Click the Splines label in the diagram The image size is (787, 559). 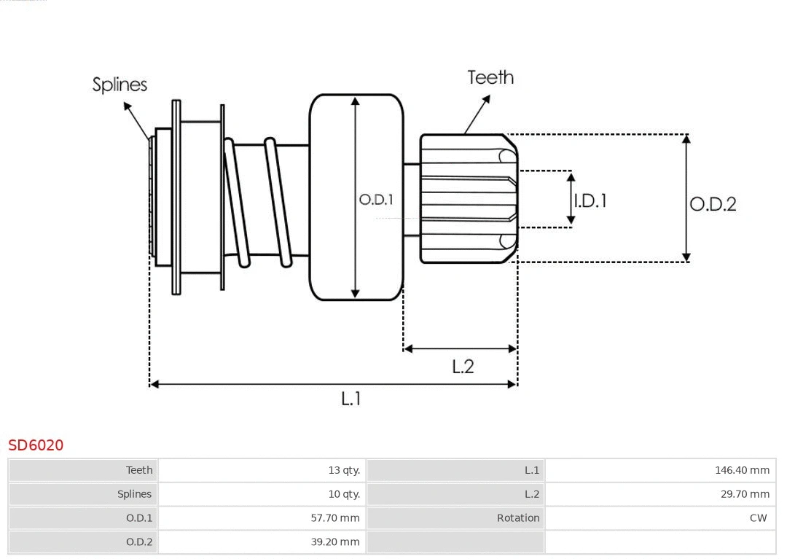pyautogui.click(x=120, y=85)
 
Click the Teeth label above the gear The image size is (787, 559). pyautogui.click(x=490, y=77)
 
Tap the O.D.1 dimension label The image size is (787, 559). pyautogui.click(x=376, y=199)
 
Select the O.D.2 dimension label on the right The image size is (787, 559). pyautogui.click(x=713, y=204)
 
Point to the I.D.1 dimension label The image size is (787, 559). pyautogui.click(x=590, y=200)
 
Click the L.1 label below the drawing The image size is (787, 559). pyautogui.click(x=351, y=398)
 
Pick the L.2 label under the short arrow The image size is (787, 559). pyautogui.click(x=463, y=366)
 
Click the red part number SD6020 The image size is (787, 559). pyautogui.click(x=36, y=445)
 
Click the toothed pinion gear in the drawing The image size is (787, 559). pyautogui.click(x=466, y=198)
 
